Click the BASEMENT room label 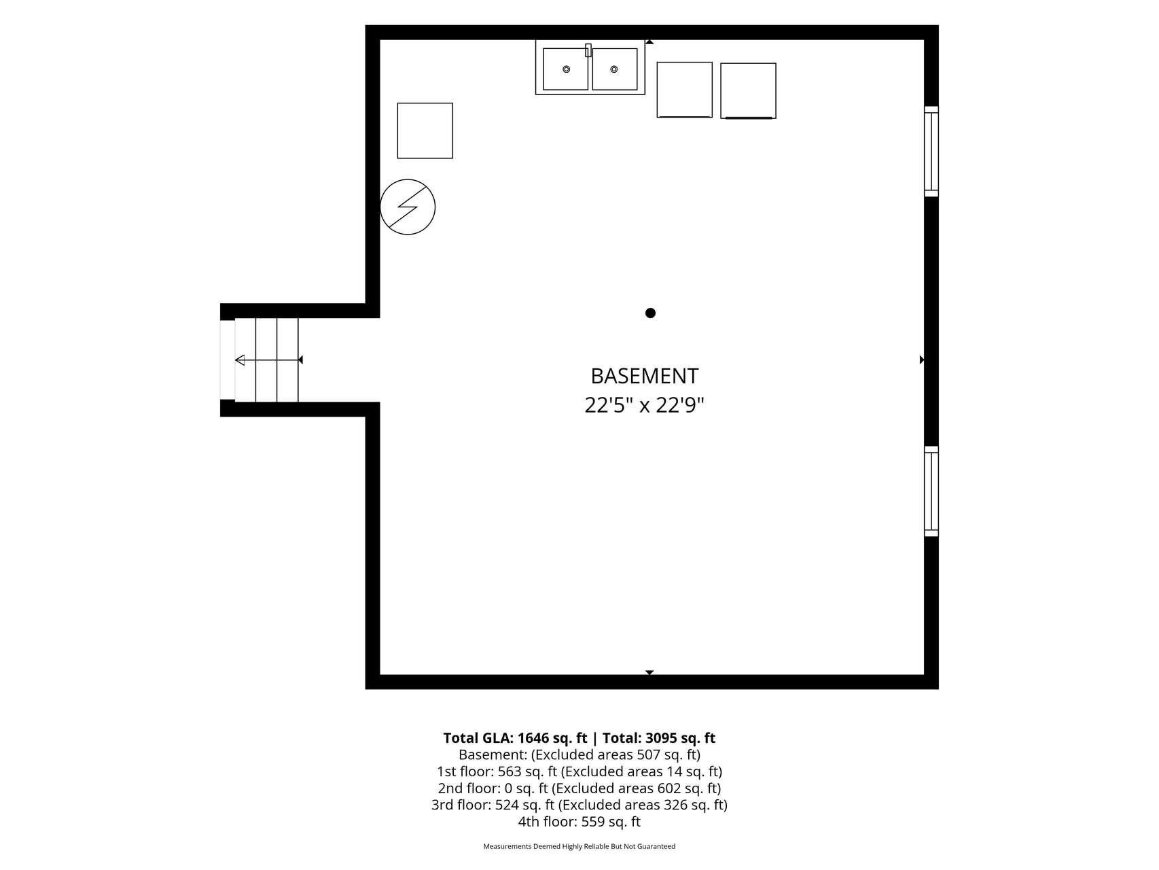[x=644, y=376]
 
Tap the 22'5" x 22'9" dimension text [x=644, y=406]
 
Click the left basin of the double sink [x=565, y=69]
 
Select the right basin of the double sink [x=615, y=69]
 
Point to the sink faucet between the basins [x=588, y=50]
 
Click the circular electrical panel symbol [x=408, y=207]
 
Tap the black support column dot [x=650, y=313]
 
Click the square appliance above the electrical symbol [x=425, y=130]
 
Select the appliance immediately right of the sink [x=685, y=90]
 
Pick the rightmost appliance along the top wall [x=748, y=91]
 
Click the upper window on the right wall [x=931, y=152]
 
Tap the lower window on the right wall [x=931, y=491]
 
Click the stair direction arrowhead [x=240, y=360]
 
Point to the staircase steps [x=266, y=360]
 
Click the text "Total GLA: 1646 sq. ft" [x=515, y=738]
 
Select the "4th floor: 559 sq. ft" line [x=579, y=822]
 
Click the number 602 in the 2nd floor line [x=668, y=788]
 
